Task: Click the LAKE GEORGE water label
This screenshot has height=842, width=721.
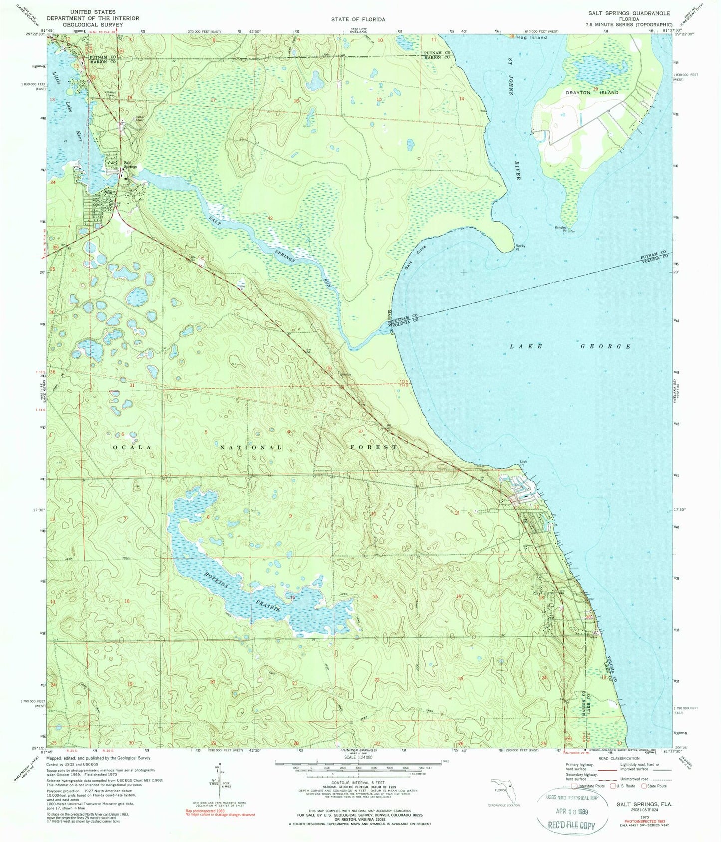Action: click(x=570, y=346)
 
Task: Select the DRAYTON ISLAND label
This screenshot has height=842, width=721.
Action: click(x=592, y=93)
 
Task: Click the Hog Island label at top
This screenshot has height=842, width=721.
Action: click(x=532, y=37)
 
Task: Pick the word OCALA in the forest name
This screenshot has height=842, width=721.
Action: click(x=131, y=447)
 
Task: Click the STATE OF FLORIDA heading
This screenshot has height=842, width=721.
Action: click(x=358, y=19)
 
